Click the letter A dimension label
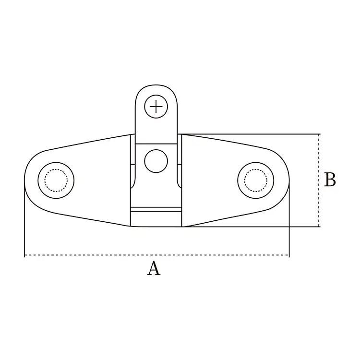coord(153,269)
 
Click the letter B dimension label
coord(330,180)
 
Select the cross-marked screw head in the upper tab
coord(156,106)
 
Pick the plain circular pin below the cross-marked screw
coord(156,161)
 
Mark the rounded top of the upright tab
coord(156,86)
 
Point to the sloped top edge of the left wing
coord(86,143)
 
